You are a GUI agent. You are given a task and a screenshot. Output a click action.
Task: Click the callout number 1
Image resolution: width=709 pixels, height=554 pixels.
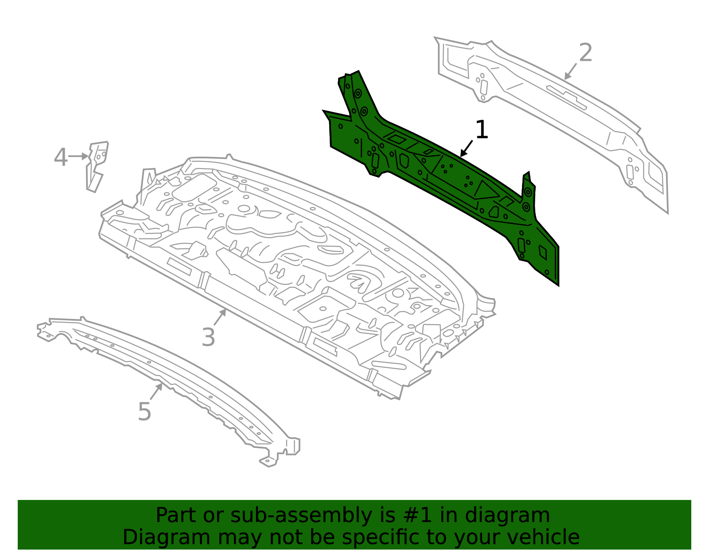tap(481, 130)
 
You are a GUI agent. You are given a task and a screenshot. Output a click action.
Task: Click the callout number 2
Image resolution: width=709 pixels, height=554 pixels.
tap(585, 53)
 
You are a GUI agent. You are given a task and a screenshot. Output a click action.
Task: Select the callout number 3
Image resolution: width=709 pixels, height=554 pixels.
tap(208, 337)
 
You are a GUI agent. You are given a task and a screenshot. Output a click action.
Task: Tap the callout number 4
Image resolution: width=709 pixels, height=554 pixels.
tap(61, 157)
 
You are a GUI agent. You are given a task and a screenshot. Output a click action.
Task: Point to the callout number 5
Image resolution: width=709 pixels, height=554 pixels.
tap(144, 412)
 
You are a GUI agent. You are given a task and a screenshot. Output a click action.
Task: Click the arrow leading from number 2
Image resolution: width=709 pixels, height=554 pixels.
tap(570, 71)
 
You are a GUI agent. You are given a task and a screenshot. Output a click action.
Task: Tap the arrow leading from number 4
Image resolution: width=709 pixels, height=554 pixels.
tap(79, 156)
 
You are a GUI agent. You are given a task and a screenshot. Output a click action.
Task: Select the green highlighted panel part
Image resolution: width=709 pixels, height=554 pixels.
tap(443, 177)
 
